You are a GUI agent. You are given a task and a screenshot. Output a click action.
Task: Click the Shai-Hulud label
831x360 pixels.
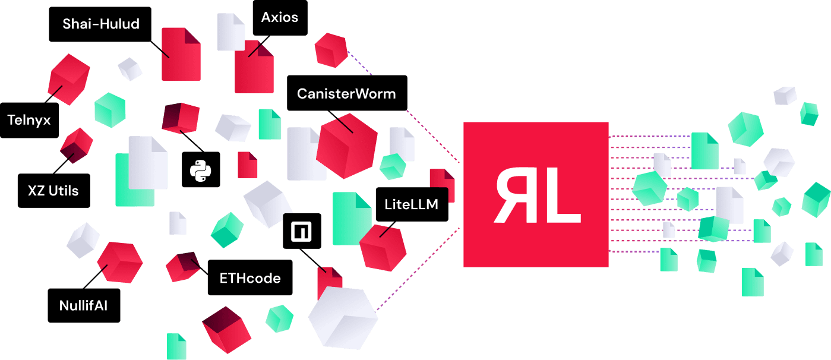click(101, 24)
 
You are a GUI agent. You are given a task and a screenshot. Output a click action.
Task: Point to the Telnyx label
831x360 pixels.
click(29, 121)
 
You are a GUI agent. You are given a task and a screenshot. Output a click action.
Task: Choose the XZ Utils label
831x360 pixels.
click(53, 191)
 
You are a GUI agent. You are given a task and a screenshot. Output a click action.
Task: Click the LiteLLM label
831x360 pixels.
click(411, 205)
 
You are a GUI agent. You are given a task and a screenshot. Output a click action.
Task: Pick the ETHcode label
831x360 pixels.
click(250, 277)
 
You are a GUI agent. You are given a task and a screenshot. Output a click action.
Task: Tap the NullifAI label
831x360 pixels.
click(83, 307)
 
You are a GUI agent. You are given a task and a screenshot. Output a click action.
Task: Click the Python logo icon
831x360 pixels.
click(201, 169)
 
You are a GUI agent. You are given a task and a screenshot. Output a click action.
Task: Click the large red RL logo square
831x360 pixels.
click(536, 194)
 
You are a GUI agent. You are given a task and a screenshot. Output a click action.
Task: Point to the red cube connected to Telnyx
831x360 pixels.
click(69, 78)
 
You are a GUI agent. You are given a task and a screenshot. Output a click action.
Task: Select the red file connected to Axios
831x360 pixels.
click(254, 67)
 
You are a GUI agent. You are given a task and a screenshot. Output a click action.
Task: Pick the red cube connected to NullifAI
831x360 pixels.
click(119, 262)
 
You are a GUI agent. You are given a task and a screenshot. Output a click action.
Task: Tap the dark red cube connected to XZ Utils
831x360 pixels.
click(76, 146)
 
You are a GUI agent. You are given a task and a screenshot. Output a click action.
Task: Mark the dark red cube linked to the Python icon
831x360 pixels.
click(180, 118)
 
